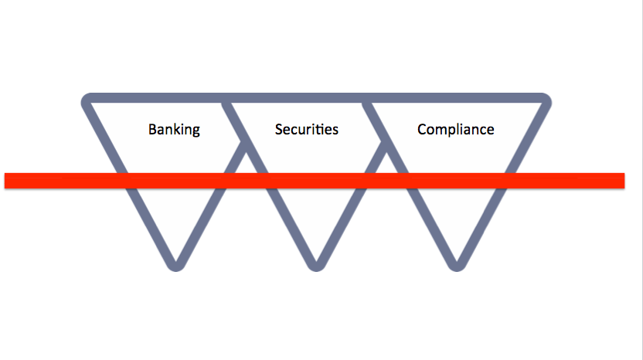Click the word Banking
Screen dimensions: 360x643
[x=174, y=129]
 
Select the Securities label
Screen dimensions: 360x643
[x=307, y=129]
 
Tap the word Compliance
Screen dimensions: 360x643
[x=455, y=129]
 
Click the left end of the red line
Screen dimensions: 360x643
[x=6, y=180]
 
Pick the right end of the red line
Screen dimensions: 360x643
[x=622, y=180]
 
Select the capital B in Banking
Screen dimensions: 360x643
[x=153, y=129]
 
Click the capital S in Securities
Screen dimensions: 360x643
[x=279, y=129]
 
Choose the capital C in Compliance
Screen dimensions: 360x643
[x=422, y=129]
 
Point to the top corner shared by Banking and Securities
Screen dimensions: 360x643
[x=225, y=100]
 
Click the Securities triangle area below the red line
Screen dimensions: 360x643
[x=315, y=216]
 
